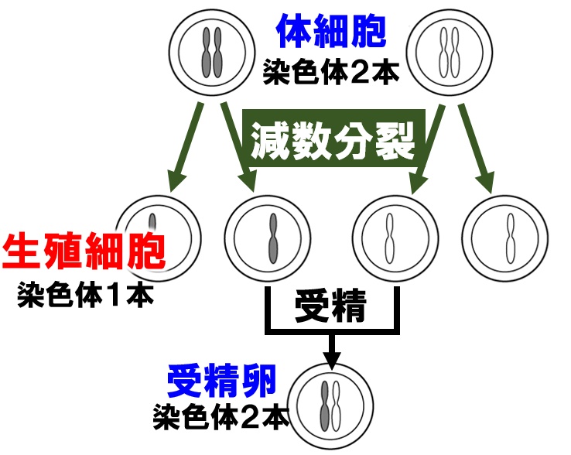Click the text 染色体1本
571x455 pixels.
85,296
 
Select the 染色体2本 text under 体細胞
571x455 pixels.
331,73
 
